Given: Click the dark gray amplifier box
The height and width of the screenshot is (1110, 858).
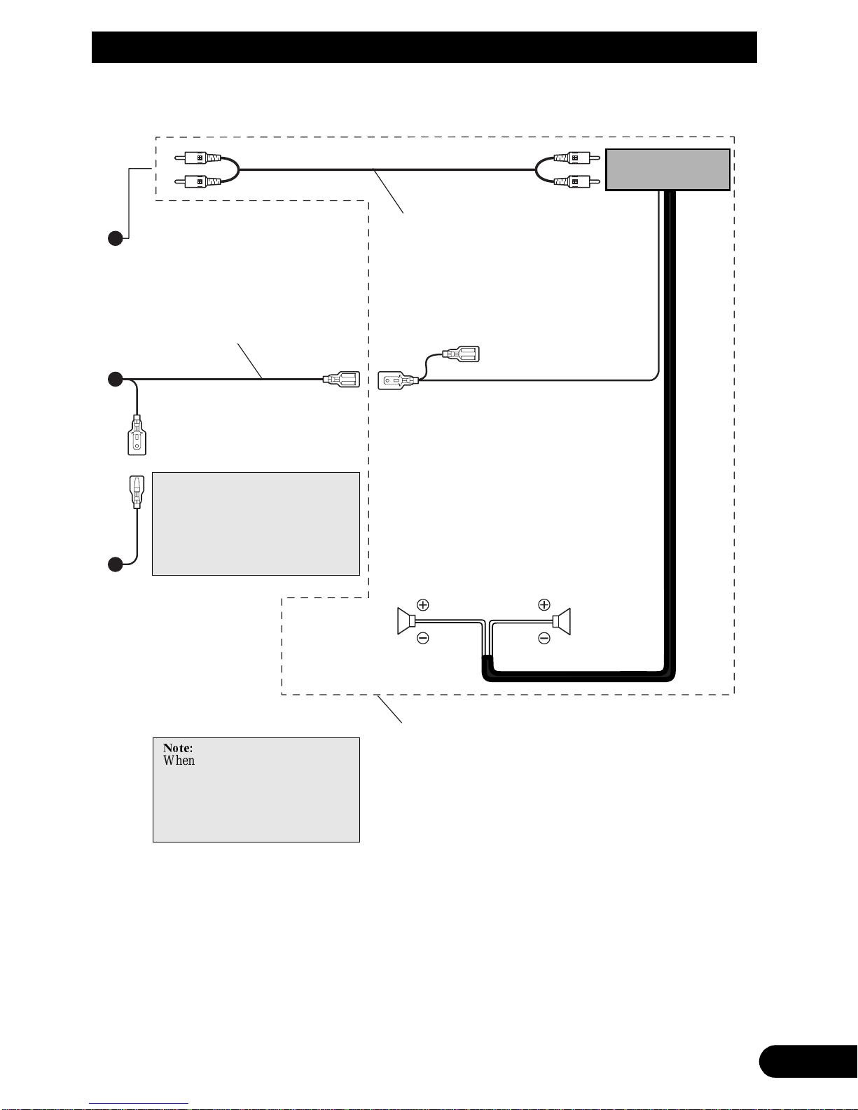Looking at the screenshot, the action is point(667,169).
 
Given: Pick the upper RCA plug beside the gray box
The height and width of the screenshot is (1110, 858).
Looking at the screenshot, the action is point(576,158).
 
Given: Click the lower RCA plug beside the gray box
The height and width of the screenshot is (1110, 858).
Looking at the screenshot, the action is point(576,181).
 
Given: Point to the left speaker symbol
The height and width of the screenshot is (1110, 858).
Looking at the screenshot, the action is point(406,621).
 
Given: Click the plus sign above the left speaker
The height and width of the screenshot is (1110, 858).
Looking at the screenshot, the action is point(423,605).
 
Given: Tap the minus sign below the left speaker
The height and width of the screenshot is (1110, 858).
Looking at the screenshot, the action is point(423,638).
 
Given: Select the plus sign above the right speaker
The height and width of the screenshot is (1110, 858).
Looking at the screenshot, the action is point(544,605).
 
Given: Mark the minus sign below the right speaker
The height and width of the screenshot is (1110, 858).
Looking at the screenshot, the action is point(544,638).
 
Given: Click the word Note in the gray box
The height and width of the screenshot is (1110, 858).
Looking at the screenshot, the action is point(178,748).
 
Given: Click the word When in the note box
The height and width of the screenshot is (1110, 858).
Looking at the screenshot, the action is point(179,761).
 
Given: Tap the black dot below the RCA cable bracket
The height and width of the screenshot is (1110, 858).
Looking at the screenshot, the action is point(116,239).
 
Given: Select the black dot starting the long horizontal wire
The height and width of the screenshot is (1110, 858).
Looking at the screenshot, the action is point(116,379).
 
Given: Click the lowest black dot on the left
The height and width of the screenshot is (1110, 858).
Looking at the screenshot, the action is point(116,564).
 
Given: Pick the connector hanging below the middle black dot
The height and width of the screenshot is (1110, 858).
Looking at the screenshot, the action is point(137,435).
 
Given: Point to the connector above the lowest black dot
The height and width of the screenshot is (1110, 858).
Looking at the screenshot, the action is point(137,492).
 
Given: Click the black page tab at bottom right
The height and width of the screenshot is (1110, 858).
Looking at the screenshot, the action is point(808,1062).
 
